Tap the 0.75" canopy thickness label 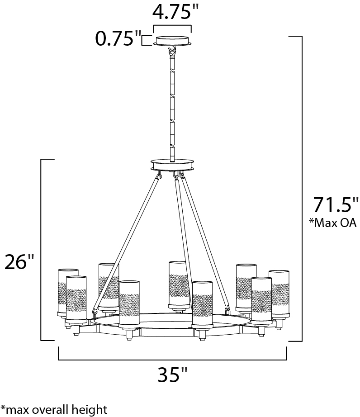click(118, 38)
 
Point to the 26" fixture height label click(19, 261)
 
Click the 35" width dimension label click(173, 374)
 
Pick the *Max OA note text click(332, 223)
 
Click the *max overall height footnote click(54, 410)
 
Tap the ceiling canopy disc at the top click(173, 41)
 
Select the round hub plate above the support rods click(172, 164)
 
